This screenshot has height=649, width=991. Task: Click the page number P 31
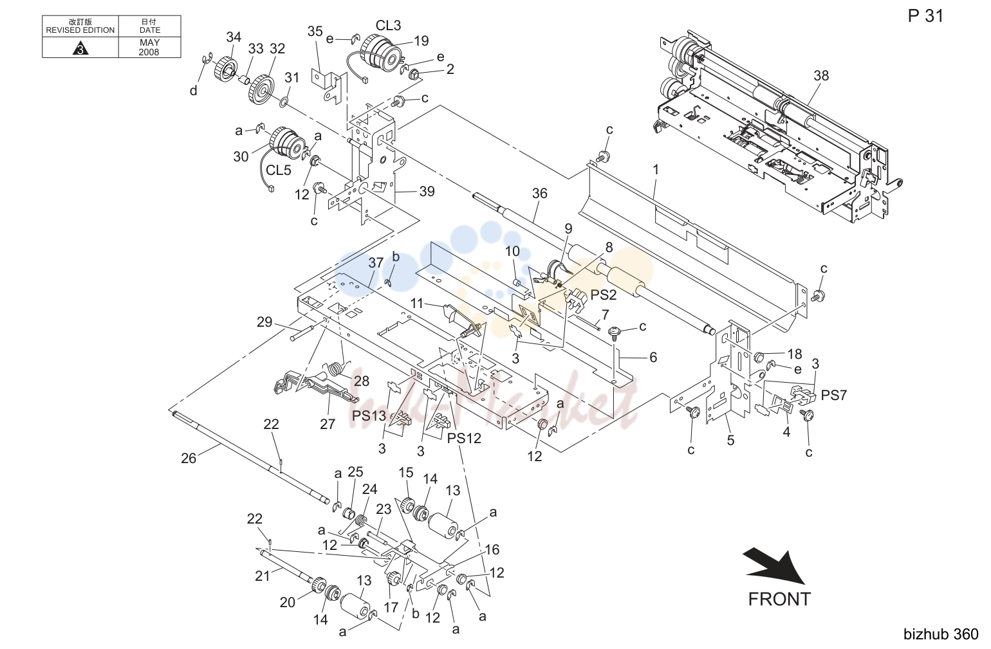click(925, 16)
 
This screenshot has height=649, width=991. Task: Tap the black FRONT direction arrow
click(775, 567)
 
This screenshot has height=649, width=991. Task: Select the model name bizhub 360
click(941, 634)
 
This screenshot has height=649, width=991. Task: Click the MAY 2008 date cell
click(149, 48)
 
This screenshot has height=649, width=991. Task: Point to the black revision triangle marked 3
click(80, 48)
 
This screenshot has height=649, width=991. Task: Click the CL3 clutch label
click(388, 26)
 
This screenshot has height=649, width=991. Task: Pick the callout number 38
click(821, 76)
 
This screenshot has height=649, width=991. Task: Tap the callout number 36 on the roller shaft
click(539, 193)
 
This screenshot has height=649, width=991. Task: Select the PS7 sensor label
click(833, 395)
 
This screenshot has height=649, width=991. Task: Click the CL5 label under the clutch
click(278, 170)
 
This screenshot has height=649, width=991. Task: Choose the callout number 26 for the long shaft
click(189, 458)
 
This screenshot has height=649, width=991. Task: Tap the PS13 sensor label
click(369, 416)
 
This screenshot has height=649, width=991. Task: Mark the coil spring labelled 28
click(336, 369)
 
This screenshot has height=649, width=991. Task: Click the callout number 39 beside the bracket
click(427, 192)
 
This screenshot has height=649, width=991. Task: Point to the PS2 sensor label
click(604, 295)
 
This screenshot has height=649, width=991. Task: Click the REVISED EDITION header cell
click(80, 26)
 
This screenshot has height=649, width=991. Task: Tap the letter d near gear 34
click(193, 91)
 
